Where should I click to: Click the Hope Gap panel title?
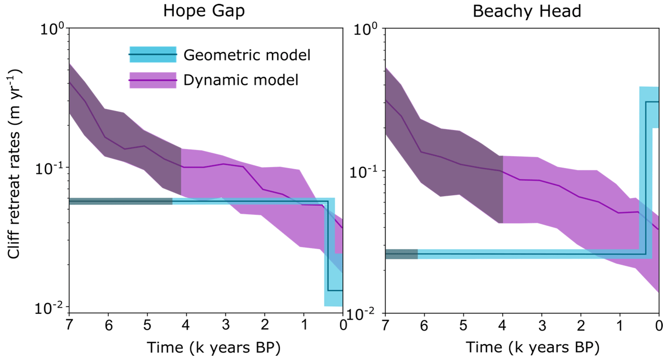[204, 11]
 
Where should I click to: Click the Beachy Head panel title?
[527, 11]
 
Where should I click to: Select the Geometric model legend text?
[247, 55]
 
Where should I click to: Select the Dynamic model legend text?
[241, 80]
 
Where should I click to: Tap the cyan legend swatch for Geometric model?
[152, 55]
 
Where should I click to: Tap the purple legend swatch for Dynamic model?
[152, 80]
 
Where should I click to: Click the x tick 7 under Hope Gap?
[69, 325]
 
